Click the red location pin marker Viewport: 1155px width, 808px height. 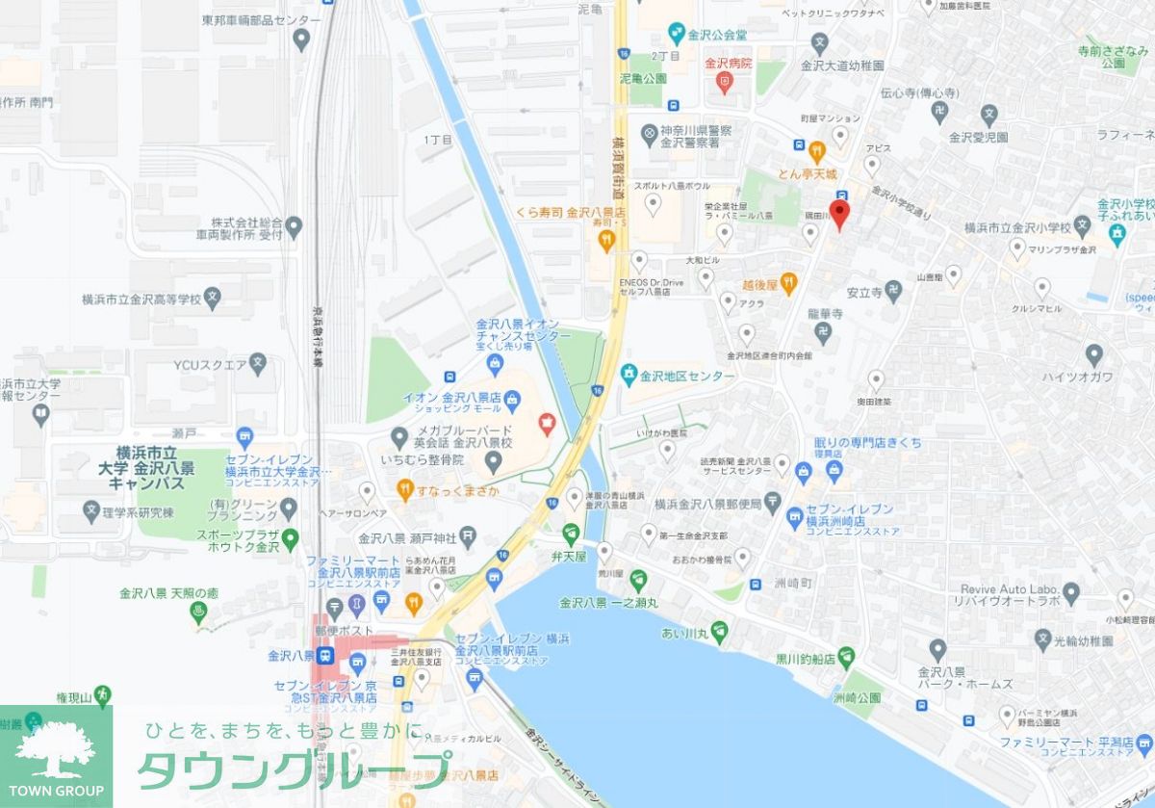coord(839,215)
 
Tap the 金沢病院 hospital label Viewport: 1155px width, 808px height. coord(729,64)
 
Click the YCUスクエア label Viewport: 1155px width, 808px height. coord(211,364)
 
